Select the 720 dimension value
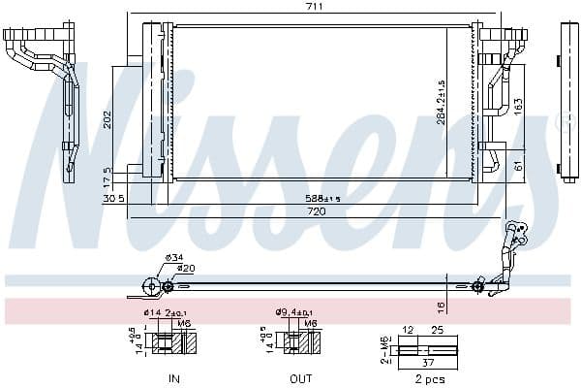[316, 210]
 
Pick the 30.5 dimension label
[112, 200]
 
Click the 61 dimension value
[518, 166]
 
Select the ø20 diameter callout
[184, 268]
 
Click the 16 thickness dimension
[442, 307]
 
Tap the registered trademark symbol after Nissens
[562, 124]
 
